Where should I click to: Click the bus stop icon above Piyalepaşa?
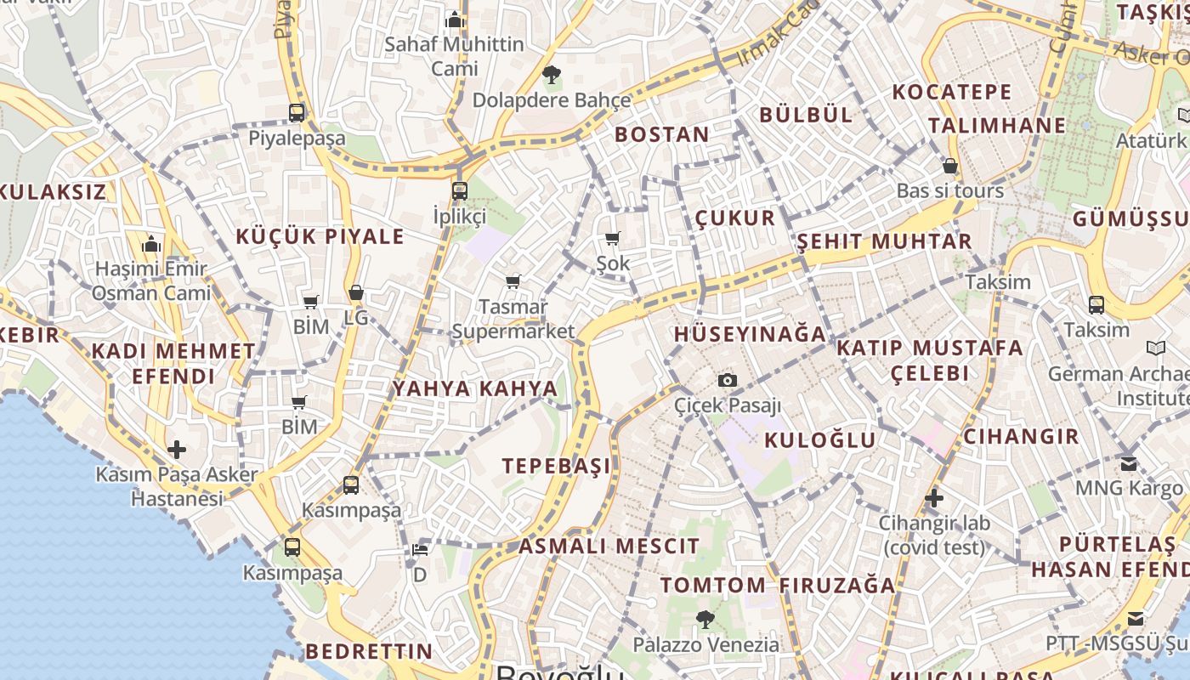[x=297, y=112]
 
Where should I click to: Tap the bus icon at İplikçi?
[x=460, y=190]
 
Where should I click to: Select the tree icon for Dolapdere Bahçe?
[x=551, y=75]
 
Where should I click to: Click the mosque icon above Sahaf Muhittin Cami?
[x=455, y=19]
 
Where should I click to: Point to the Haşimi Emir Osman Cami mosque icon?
[x=151, y=245]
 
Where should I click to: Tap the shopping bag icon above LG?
[x=356, y=293]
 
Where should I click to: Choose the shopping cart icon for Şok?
[x=613, y=239]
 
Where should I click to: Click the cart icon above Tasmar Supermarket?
[x=513, y=281]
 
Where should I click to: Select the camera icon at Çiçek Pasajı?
[x=728, y=380]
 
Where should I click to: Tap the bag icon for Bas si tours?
[x=950, y=166]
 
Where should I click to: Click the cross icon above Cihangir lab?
[x=934, y=497]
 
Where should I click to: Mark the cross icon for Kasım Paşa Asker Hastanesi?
[x=177, y=449]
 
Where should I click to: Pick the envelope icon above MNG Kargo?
[x=1129, y=463]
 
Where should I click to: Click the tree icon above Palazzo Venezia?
[x=705, y=619]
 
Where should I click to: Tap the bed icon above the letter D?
[x=420, y=549]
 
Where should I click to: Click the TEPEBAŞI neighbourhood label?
[x=556, y=466]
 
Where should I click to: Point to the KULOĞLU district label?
[x=819, y=439]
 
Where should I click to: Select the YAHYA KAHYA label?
[x=475, y=388]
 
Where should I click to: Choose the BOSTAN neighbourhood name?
[x=661, y=134]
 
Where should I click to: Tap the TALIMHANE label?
[x=996, y=126]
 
